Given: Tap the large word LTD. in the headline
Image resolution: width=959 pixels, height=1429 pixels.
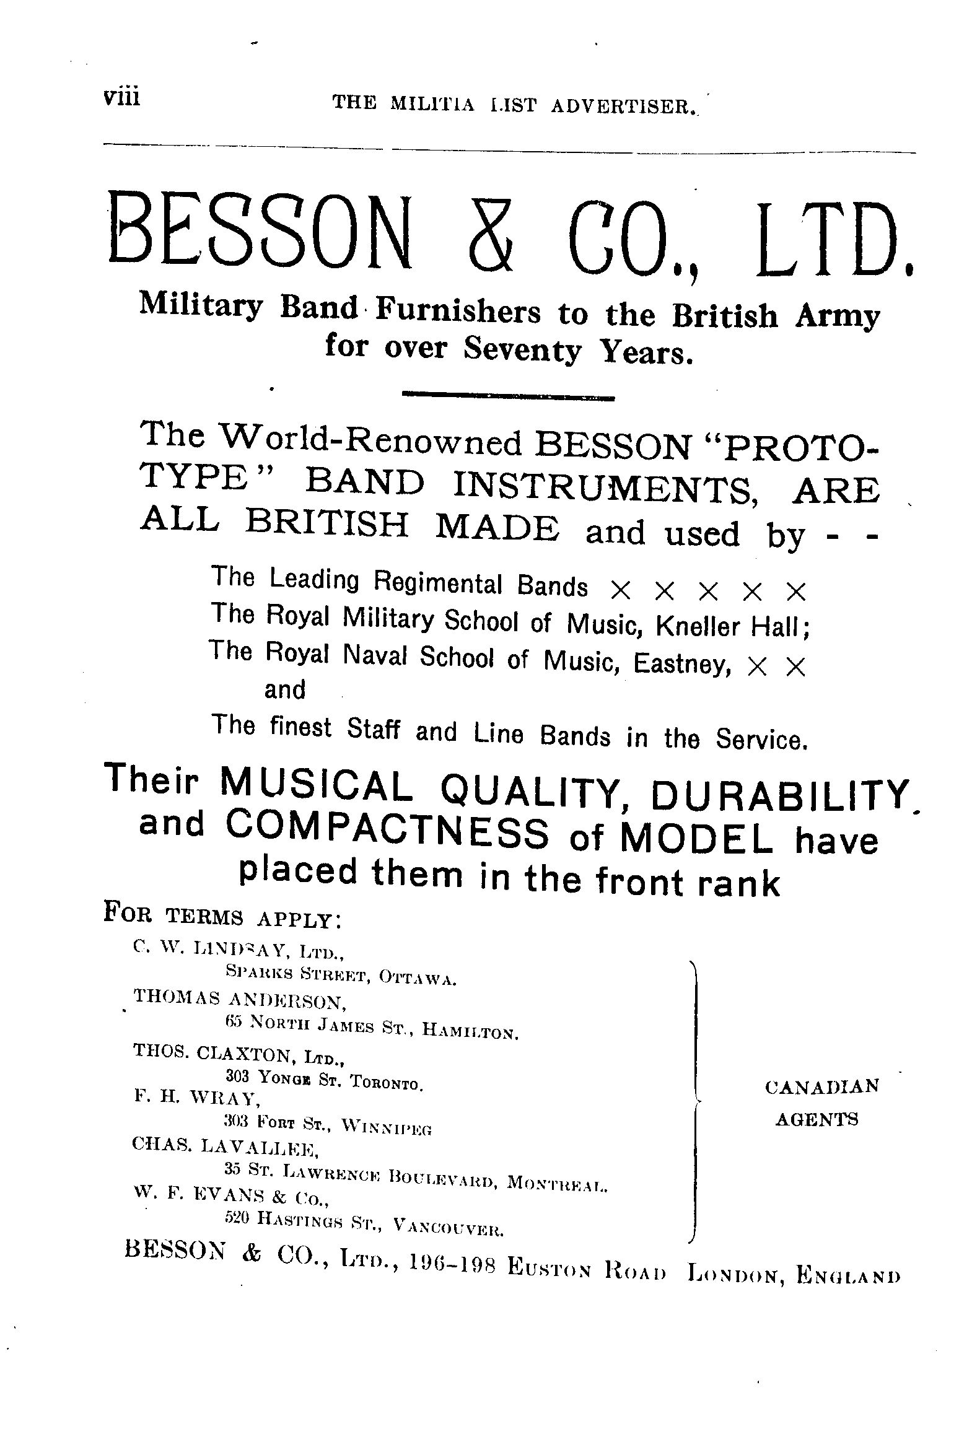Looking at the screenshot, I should coord(833,234).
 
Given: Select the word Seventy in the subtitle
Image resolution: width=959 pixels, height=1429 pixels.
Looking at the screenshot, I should coord(523,350).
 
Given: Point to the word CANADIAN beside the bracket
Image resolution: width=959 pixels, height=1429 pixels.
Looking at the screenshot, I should coord(821,1086).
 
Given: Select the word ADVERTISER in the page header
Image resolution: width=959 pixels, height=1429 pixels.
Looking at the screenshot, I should coord(620,105).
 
